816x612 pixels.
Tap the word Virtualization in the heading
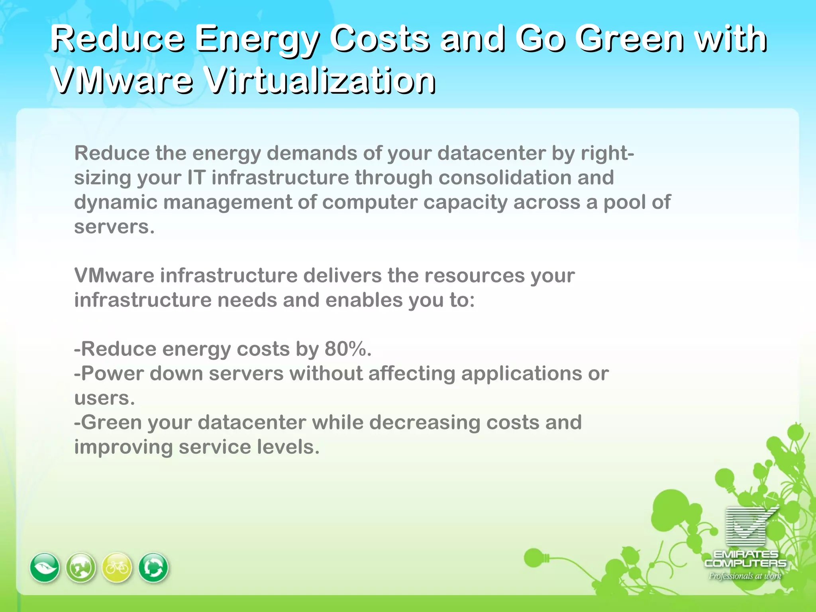pos(321,80)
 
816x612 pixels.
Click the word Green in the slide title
pos(629,39)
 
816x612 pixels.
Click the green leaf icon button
pos(45,567)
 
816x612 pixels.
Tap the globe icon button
pos(81,567)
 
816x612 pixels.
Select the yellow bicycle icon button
pos(117,567)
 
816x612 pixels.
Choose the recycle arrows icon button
pos(153,567)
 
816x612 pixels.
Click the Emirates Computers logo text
pos(745,559)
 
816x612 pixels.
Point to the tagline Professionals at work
pos(745,576)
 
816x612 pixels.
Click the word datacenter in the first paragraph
pos(491,153)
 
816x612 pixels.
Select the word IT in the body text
pos(196,178)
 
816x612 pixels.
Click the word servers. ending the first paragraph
pos(114,227)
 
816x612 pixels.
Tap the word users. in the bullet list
pos(105,398)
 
